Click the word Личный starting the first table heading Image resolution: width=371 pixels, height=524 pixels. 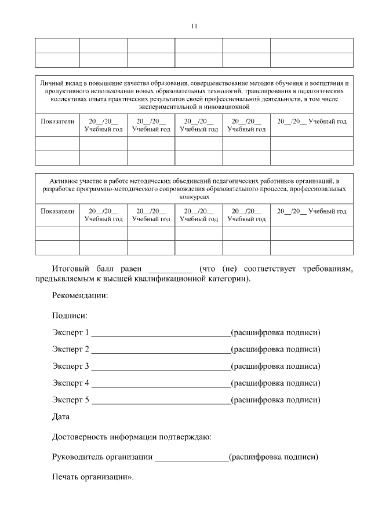point(49,84)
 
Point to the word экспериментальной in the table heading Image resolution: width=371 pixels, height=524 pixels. point(169,107)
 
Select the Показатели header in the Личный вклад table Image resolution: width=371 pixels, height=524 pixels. point(57,122)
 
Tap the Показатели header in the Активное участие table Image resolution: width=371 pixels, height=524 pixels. point(57,211)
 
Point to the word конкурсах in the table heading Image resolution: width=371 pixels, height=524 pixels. point(194,197)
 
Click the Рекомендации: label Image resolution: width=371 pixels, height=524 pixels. point(80,296)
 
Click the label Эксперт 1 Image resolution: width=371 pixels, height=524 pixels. point(71,333)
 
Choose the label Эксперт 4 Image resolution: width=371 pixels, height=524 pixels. point(71,383)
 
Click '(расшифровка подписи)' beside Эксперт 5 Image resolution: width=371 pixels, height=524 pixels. point(275,400)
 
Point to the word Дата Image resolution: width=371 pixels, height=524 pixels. point(61,417)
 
